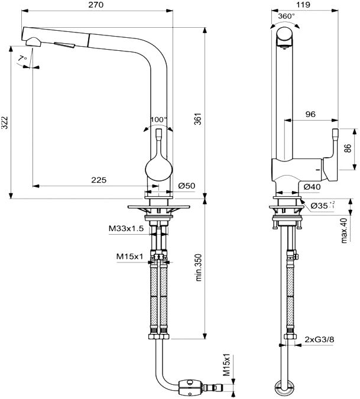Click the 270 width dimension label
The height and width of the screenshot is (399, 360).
coord(96,5)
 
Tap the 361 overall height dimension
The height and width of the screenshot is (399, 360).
coord(197,119)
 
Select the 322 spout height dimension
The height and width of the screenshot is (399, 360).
coord(5,122)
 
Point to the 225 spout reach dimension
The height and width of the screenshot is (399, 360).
coord(99,180)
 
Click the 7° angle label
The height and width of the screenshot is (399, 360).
coord(22,59)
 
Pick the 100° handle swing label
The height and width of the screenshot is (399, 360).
coord(159,119)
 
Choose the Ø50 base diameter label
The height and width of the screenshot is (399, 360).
coord(187,186)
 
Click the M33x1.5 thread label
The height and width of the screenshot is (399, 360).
coord(126,229)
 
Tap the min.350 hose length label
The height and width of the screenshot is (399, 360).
coord(198,267)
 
